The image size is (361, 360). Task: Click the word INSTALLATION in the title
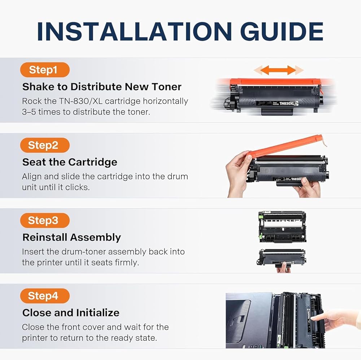(134, 31)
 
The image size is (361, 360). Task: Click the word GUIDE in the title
(282, 31)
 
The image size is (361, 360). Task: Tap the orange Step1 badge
(45, 70)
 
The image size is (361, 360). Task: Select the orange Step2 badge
(45, 145)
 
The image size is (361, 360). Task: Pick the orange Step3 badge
(45, 220)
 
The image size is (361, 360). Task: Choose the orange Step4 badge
(45, 296)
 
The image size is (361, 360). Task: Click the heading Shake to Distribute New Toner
(102, 87)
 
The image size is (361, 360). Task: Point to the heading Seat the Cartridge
(70, 162)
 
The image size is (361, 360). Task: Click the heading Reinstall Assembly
(71, 238)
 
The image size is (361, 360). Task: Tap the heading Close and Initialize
(71, 313)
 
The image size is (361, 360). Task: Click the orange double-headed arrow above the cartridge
(278, 70)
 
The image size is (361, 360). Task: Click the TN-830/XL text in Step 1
(81, 101)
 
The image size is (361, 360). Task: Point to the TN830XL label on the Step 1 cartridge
(287, 103)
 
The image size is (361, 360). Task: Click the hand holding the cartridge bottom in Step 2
(307, 187)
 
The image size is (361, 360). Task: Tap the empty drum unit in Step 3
(283, 227)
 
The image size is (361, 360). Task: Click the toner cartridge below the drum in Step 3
(281, 258)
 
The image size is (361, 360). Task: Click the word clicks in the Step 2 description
(77, 187)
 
